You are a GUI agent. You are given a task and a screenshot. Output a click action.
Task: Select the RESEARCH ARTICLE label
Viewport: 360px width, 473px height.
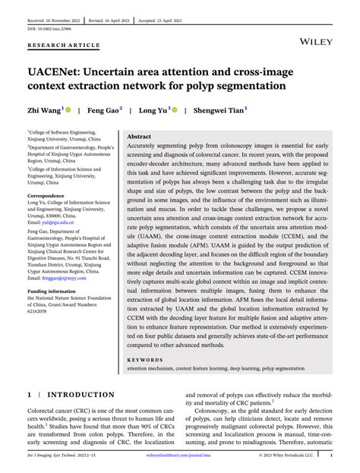[63, 46]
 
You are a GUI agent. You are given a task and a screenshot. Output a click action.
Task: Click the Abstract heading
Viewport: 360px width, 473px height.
[139, 136]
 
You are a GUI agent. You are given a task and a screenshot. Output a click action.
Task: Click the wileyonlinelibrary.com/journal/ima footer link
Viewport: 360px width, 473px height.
[183, 456]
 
